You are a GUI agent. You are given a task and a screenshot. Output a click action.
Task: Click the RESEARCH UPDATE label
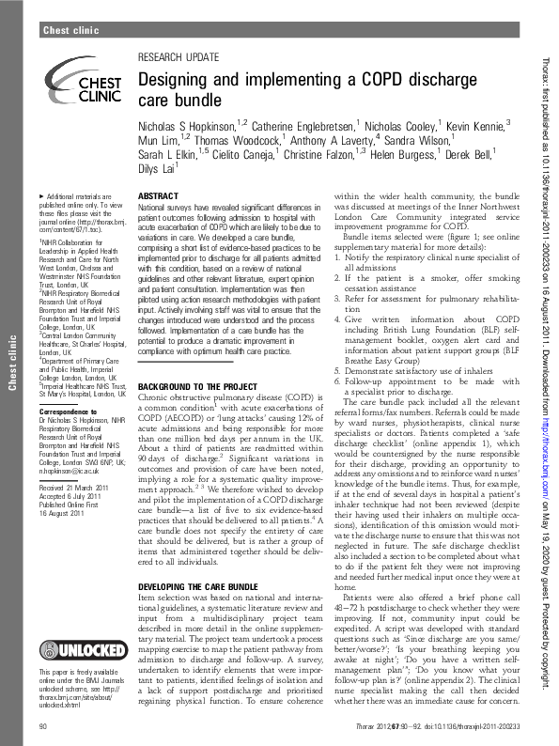(176, 57)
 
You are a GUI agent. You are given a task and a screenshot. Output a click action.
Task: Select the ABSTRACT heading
(158, 195)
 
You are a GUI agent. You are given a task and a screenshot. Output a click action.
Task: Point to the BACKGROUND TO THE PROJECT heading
(199, 387)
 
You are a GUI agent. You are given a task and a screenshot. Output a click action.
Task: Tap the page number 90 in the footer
(43, 727)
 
